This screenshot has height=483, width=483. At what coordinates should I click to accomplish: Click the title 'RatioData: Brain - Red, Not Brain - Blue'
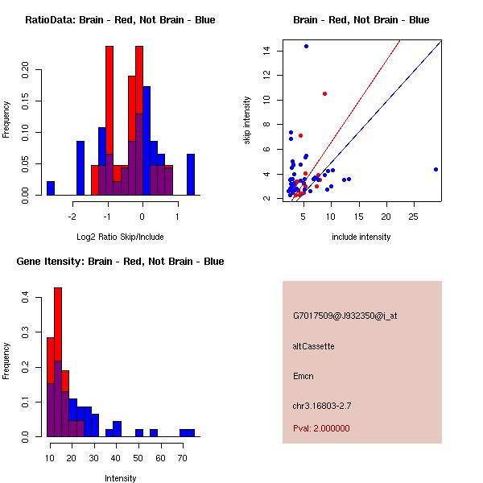(x=120, y=20)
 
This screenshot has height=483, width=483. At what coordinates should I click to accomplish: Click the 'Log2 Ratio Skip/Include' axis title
(x=120, y=237)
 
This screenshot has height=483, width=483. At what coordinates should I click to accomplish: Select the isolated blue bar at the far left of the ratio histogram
(x=51, y=188)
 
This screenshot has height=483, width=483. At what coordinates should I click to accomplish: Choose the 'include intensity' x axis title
(x=361, y=237)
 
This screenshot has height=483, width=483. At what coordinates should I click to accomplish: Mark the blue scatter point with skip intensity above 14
(x=306, y=46)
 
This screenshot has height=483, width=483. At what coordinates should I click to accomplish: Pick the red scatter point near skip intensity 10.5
(x=324, y=93)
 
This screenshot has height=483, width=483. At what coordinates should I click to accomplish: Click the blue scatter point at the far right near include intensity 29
(x=436, y=169)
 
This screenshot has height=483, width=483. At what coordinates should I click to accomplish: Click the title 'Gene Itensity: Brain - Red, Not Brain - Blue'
(x=120, y=262)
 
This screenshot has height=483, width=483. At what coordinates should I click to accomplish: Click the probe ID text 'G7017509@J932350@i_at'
(x=345, y=316)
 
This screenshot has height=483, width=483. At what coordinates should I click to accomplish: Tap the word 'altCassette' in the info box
(x=313, y=346)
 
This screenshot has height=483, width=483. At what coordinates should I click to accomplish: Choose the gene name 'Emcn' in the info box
(x=303, y=376)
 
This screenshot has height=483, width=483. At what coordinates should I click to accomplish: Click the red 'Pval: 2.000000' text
(x=321, y=428)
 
